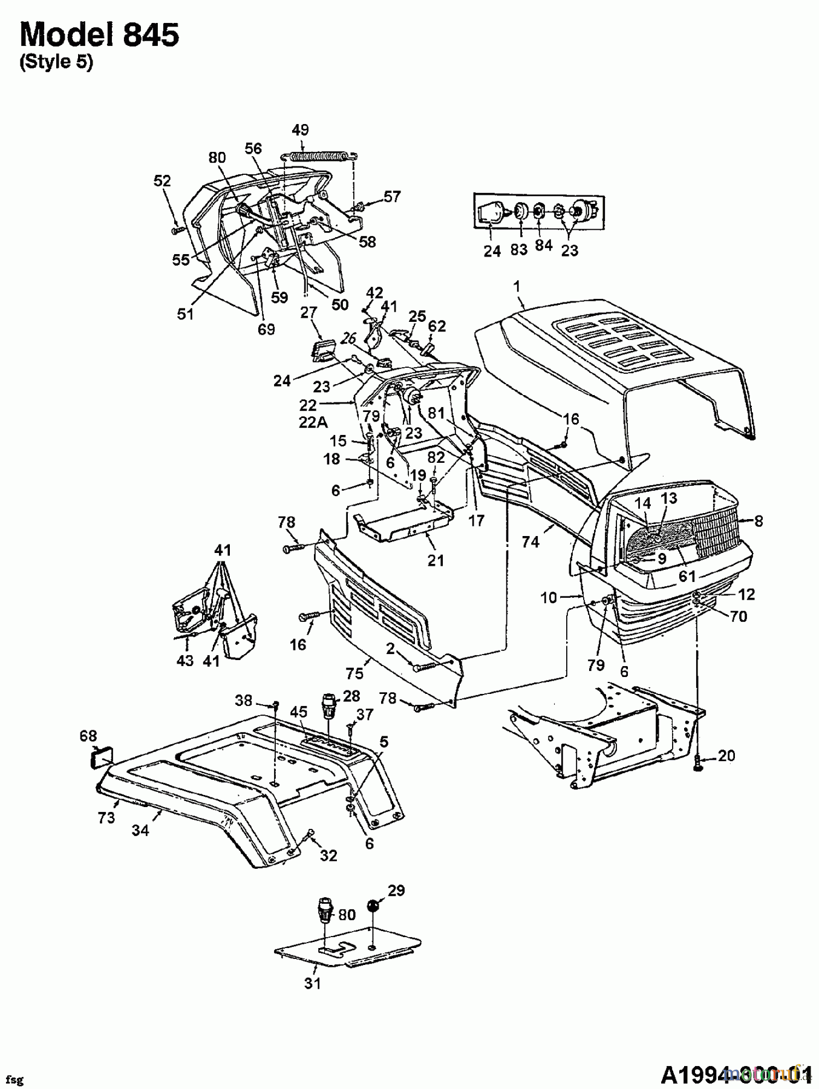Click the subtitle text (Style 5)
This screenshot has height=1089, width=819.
56,63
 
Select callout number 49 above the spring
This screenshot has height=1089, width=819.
300,129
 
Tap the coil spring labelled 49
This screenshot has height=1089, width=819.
318,155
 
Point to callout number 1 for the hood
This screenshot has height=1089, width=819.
517,286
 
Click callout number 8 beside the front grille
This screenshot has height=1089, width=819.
759,521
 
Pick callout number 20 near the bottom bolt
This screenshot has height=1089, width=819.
726,756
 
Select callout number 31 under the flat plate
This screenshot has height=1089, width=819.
312,983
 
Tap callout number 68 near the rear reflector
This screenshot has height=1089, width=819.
88,736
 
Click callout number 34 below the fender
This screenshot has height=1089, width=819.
141,830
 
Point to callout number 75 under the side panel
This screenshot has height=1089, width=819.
354,673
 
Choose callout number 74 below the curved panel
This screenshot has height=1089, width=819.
530,541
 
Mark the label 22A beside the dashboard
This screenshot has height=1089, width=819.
313,423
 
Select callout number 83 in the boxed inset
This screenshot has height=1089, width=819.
518,249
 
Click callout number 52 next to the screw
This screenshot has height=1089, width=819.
162,181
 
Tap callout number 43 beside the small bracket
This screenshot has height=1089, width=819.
185,660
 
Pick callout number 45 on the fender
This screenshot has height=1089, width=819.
298,713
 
